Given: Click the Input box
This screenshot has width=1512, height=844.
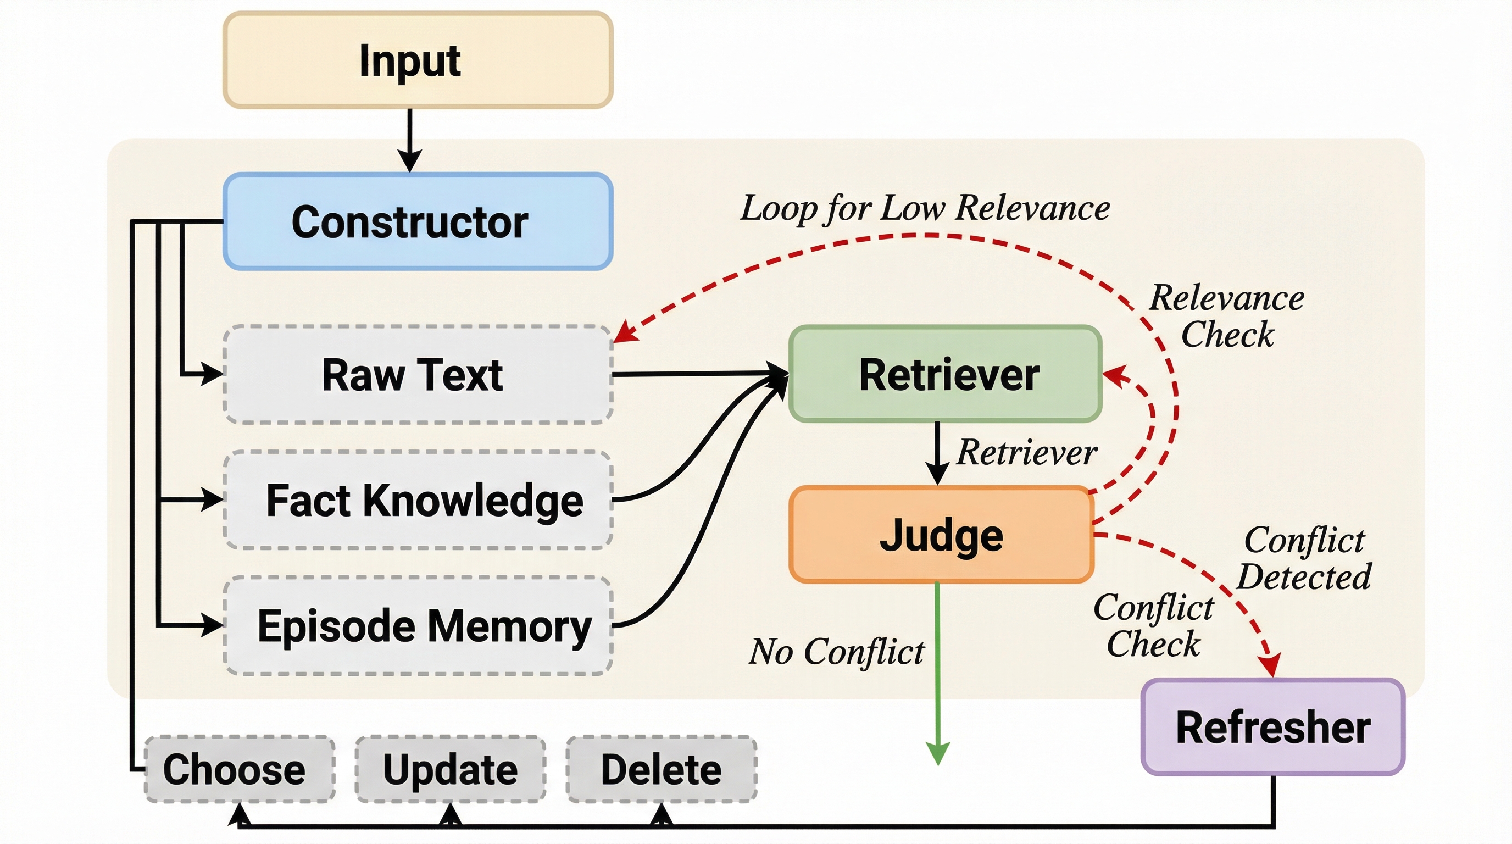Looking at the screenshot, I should pos(418,60).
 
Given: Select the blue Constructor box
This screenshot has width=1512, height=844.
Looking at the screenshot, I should pos(418,222).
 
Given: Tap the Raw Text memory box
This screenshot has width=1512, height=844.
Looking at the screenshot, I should pos(418,374).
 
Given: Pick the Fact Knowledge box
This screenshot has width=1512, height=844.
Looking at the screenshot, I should pos(418,500).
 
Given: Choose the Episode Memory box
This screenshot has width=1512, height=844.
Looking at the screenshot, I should pos(418,626).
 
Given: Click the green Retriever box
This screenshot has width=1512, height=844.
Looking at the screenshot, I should pos(945,374).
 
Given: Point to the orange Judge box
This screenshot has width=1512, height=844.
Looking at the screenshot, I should pos(942,535).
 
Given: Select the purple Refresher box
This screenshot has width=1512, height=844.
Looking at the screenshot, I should pos(1272,727).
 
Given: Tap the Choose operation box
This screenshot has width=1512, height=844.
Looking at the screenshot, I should pos(240,769).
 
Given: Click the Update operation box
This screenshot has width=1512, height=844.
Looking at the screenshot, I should pos(450,769).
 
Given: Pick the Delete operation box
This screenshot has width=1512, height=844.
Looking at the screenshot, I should pos(661,769).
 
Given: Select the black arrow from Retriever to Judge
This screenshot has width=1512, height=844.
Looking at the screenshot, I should pos(937,452).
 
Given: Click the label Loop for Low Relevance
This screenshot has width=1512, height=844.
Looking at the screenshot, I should pos(925,208).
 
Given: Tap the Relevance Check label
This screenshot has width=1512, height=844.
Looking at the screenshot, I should pos(1227,316).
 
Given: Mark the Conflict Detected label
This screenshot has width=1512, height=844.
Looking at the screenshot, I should pos(1304,558).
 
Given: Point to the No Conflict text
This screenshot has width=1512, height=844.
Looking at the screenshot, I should pos(837,652).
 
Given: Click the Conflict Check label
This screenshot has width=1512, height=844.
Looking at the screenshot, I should pos(1153,626).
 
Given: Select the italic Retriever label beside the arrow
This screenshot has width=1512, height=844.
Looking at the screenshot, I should pos(1026,453).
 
